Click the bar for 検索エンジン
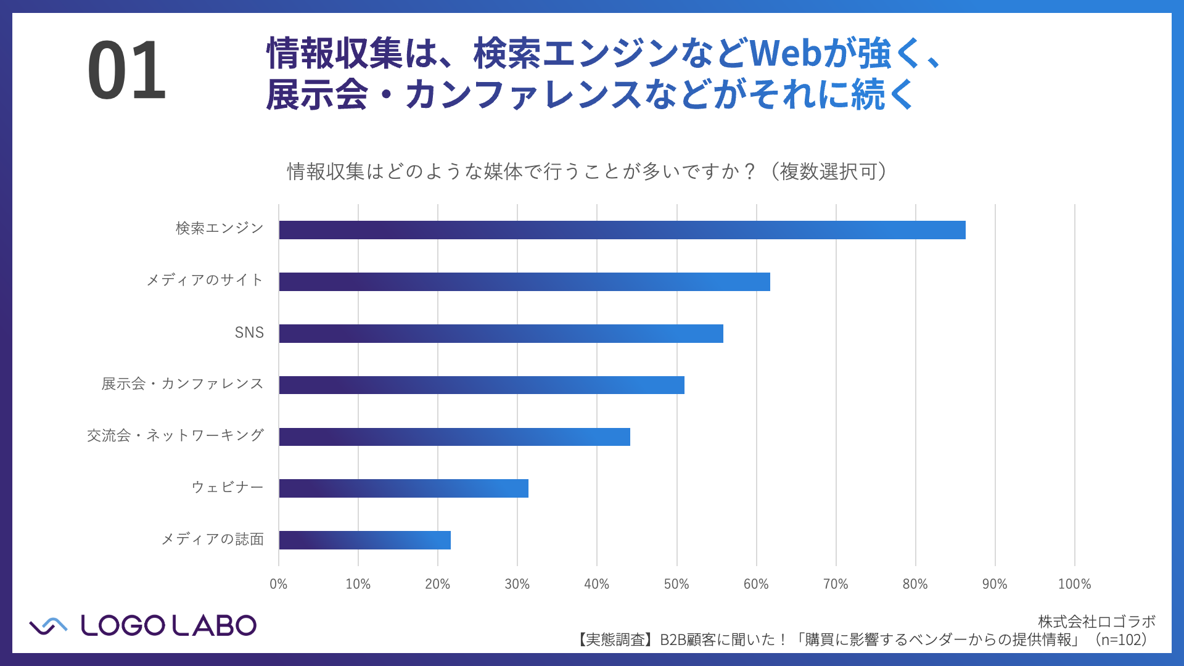pos(622,230)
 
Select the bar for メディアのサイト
pos(524,282)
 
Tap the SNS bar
pos(501,334)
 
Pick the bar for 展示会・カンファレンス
pos(481,385)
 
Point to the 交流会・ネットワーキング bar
pos(454,437)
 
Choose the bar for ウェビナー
pos(403,488)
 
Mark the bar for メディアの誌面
pos(364,540)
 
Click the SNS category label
pos(249,333)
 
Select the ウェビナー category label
pos(228,487)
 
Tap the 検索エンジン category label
pos(220,229)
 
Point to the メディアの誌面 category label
pos(213,540)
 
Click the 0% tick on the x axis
pos(279,584)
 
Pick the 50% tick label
pos(676,584)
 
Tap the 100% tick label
pos(1074,584)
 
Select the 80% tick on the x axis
pos(915,584)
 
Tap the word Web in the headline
pos(785,54)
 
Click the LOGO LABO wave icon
pos(48,626)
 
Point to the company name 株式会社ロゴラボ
pos(1096,622)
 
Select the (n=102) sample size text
pos(1119,640)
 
